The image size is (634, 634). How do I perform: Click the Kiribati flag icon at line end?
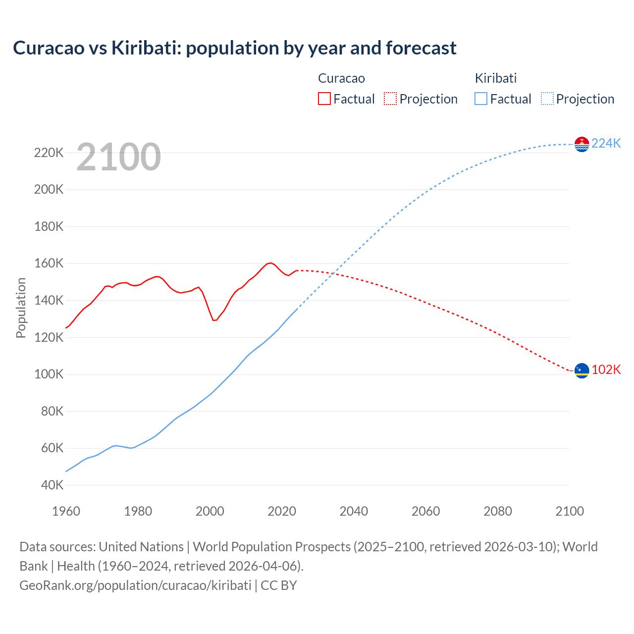(x=581, y=144)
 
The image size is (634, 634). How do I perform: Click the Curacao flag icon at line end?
(x=581, y=370)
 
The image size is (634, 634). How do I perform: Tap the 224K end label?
(x=606, y=143)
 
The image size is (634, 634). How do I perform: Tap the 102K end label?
(x=606, y=370)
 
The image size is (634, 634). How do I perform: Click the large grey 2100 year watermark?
(x=118, y=157)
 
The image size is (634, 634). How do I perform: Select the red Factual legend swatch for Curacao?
(x=324, y=99)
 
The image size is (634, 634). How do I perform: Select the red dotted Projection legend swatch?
(x=390, y=99)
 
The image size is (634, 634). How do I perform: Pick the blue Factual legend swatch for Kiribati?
(x=480, y=99)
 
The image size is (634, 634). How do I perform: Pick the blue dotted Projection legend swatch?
(x=547, y=99)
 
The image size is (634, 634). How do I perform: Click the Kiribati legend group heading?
(x=495, y=78)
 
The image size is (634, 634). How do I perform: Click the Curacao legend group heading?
(x=341, y=78)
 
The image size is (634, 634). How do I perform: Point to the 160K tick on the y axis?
(x=49, y=264)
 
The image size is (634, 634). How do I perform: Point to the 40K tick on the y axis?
(x=52, y=485)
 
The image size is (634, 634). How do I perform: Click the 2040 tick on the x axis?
(x=354, y=511)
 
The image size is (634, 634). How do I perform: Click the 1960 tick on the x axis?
(x=66, y=511)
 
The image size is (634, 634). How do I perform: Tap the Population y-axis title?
(x=21, y=308)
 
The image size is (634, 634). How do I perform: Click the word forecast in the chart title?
(x=421, y=48)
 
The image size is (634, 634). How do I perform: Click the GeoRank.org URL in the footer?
(x=135, y=585)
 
